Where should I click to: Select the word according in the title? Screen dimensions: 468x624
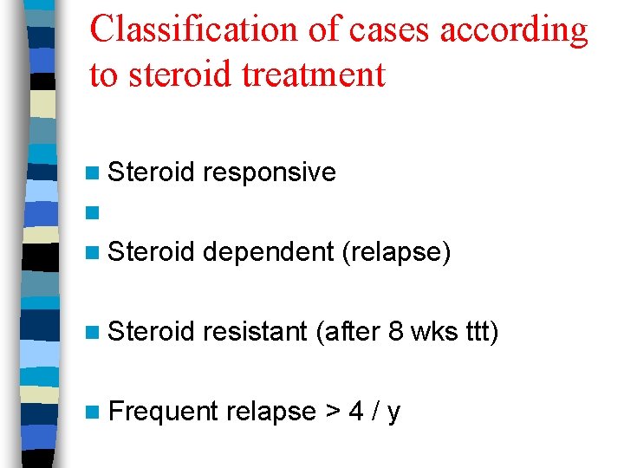click(514, 29)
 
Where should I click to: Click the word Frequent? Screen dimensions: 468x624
click(163, 412)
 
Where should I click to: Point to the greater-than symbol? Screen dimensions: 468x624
click(332, 412)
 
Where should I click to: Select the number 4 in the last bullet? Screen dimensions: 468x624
click(356, 412)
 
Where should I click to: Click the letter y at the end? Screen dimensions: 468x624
click(394, 413)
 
